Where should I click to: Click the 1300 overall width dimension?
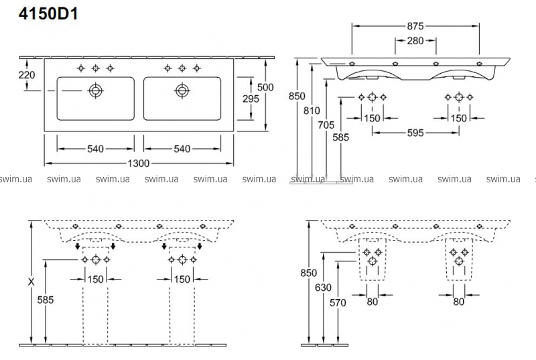point(139,164)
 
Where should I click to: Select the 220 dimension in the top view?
point(26,75)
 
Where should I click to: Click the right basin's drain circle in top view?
point(182,90)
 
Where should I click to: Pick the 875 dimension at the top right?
point(415,26)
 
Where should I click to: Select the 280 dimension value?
point(415,41)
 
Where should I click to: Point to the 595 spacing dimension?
point(415,133)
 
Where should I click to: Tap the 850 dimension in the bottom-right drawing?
point(308,274)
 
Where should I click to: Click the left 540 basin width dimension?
point(95,149)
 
